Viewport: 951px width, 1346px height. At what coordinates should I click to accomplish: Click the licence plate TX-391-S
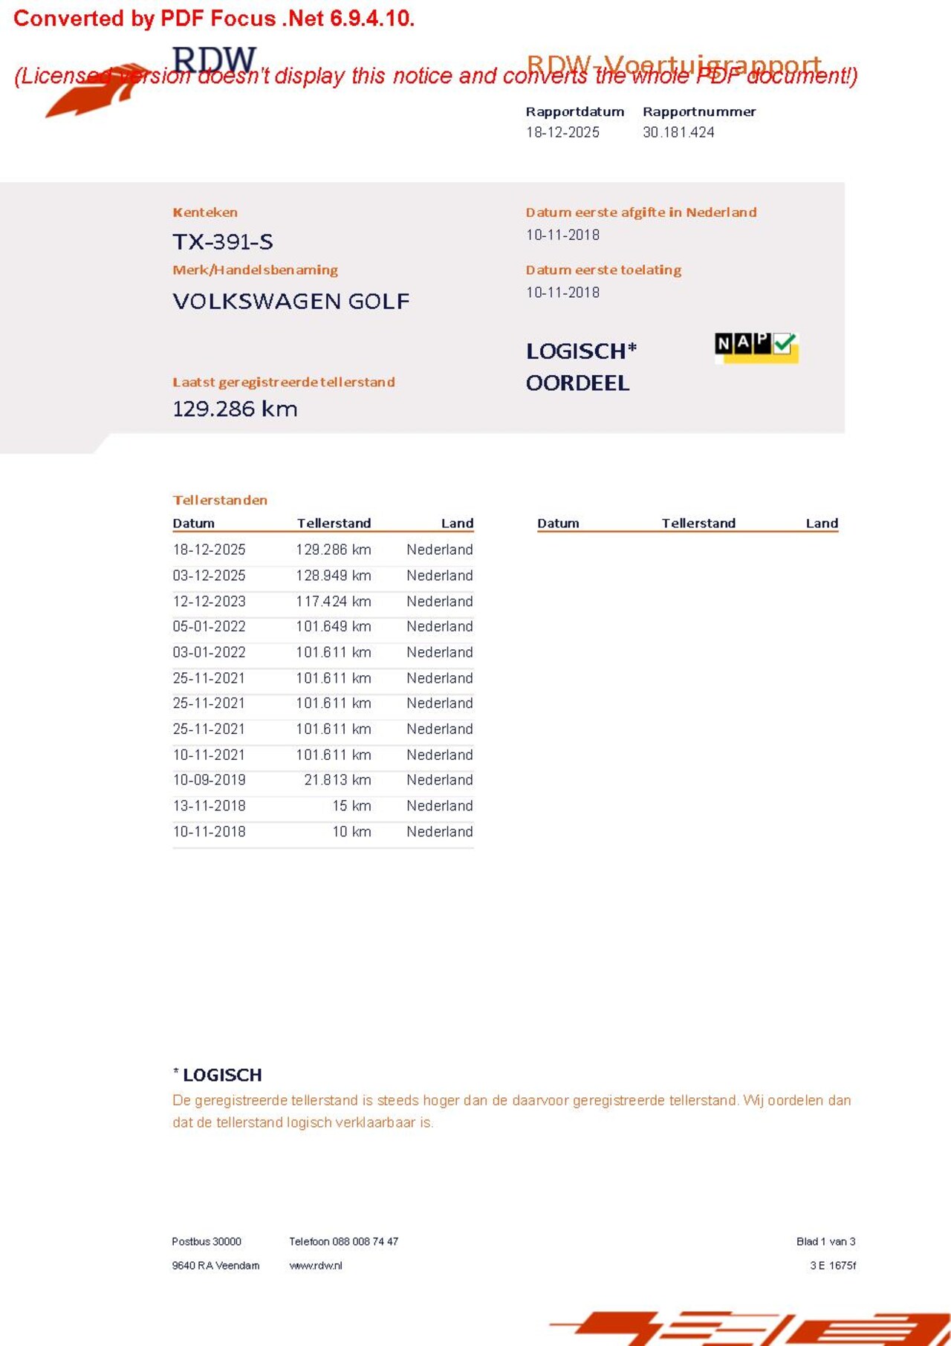click(x=223, y=242)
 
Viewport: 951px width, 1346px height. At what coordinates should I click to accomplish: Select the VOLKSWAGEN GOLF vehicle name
click(x=291, y=302)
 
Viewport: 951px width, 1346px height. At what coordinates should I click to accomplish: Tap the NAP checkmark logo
click(x=756, y=346)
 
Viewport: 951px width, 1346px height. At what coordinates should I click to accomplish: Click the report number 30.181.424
click(x=678, y=132)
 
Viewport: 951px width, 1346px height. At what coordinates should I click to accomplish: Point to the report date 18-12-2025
click(x=562, y=132)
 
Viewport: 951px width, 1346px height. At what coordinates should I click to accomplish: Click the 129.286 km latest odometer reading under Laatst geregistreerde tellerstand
click(x=235, y=409)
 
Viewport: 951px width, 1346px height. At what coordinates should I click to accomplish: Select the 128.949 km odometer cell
click(x=334, y=576)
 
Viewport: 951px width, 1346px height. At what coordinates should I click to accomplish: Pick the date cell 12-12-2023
click(x=209, y=602)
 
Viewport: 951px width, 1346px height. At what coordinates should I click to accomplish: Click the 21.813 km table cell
click(x=337, y=780)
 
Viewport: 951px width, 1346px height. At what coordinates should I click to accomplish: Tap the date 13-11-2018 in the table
click(x=209, y=806)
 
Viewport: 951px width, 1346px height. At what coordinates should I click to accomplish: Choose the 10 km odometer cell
click(x=351, y=832)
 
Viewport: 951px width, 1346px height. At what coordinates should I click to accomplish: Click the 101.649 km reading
click(x=334, y=627)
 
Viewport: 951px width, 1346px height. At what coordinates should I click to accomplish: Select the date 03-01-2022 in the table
click(x=209, y=652)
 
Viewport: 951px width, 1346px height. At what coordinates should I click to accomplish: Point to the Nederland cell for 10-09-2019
click(x=439, y=780)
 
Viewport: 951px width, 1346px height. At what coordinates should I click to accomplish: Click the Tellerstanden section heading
click(x=220, y=500)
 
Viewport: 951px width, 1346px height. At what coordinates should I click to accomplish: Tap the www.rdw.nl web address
click(x=316, y=1266)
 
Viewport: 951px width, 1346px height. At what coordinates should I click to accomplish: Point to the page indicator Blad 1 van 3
click(x=825, y=1241)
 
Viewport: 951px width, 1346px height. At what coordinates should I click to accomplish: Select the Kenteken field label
click(x=205, y=212)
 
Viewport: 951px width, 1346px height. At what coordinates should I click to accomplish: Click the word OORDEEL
click(x=577, y=383)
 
